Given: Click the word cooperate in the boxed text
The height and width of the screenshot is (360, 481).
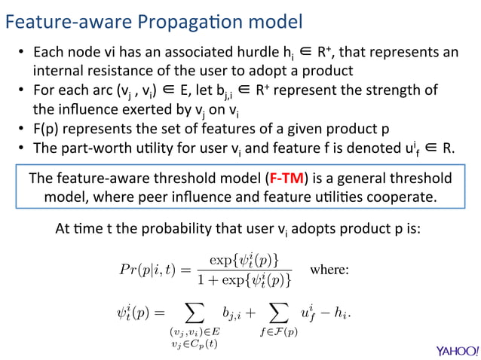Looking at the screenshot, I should pyautogui.click(x=401, y=197).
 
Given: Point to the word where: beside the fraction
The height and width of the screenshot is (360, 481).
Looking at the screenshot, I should pyautogui.click(x=329, y=270).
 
